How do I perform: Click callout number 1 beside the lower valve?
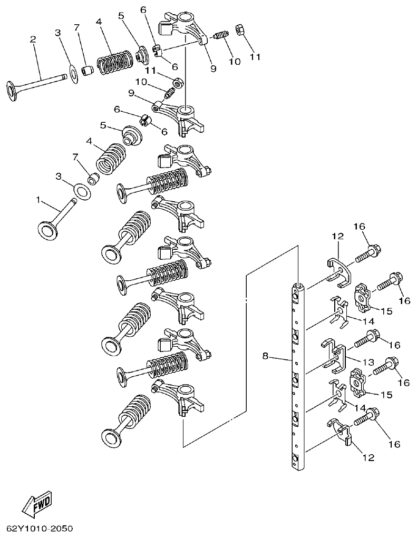click(x=38, y=200)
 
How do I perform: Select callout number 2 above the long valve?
click(x=33, y=40)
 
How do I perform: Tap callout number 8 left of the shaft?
click(x=265, y=357)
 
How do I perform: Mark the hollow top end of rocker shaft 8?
click(x=298, y=286)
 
